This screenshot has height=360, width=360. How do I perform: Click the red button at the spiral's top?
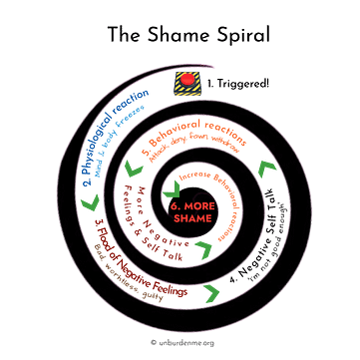point(187,77)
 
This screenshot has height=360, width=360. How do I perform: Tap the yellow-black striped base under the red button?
point(187,89)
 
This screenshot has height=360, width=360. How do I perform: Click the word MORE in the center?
point(188,205)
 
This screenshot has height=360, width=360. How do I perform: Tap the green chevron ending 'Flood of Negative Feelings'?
point(209,292)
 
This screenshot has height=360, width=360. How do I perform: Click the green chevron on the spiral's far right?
point(264,170)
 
